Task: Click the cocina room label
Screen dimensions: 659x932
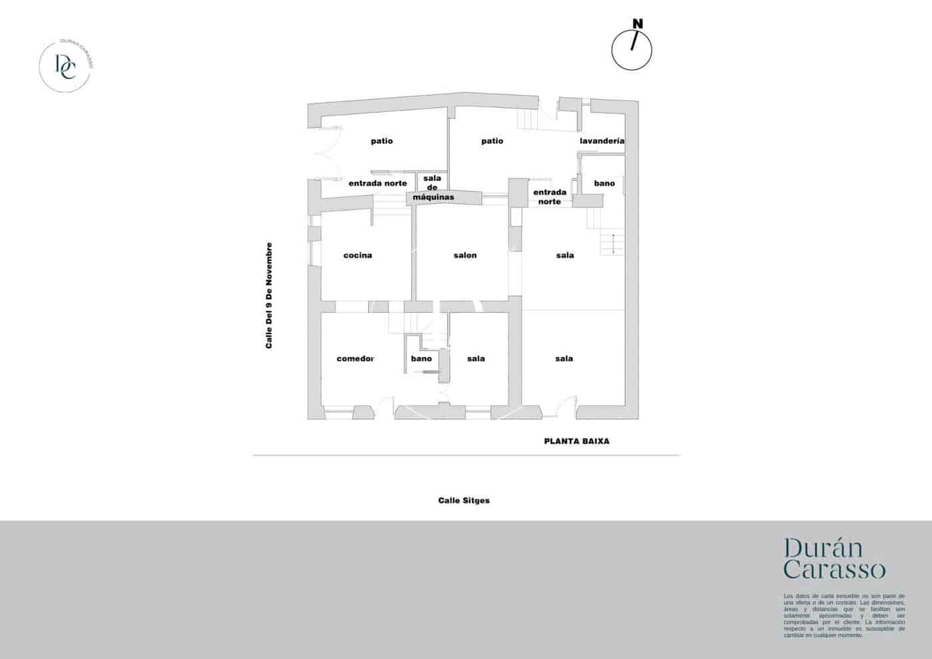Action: pos(357,256)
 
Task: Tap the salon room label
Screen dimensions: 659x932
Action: pos(465,256)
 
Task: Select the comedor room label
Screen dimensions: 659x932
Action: pos(355,359)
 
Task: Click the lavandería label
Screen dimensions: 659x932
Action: pos(602,141)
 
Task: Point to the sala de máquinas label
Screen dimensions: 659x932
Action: pos(433,188)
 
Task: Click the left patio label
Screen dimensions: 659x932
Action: pos(381,141)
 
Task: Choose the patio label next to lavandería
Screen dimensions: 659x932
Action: pos(492,141)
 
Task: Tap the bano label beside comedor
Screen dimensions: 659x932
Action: pos(421,359)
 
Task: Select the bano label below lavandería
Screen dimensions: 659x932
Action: pos(604,183)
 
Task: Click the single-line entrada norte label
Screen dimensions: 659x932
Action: pos(377,184)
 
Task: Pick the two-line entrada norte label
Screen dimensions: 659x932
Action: pos(550,196)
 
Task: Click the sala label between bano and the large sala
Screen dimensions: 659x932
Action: pos(476,359)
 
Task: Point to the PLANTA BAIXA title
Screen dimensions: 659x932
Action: pos(577,441)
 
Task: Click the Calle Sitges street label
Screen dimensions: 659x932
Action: pos(464,501)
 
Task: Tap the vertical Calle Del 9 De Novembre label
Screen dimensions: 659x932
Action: pos(269,296)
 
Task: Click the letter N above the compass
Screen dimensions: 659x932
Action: pos(638,24)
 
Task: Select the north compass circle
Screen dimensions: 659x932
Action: pos(632,51)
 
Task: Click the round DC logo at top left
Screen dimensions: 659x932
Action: pos(65,65)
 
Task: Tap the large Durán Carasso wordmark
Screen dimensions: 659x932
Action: pos(834,558)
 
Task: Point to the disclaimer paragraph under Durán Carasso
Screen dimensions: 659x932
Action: pos(844,615)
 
